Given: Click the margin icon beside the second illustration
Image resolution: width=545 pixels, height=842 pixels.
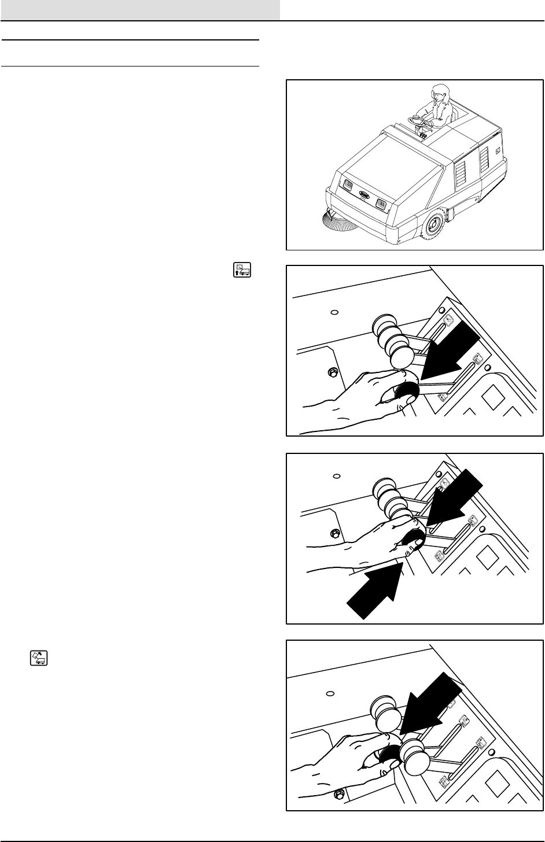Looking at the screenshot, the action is [242, 269].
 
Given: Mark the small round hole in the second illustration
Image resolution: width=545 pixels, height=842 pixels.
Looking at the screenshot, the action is [334, 313].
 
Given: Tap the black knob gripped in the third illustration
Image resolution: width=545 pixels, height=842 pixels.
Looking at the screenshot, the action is [413, 541].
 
